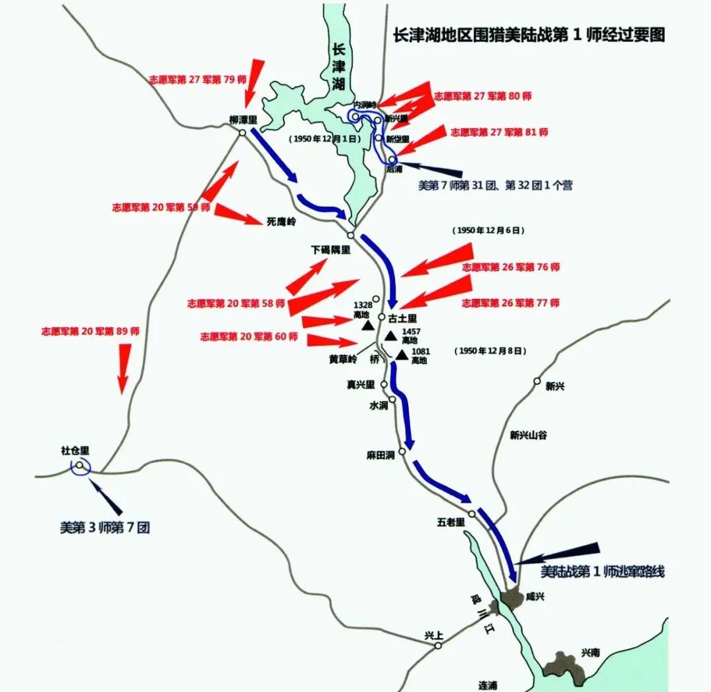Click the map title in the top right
tap(529, 35)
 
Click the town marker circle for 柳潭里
tap(242, 132)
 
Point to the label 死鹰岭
tap(282, 222)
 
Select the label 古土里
tap(402, 317)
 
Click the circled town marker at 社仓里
tap(80, 466)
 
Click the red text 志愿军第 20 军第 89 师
tap(90, 331)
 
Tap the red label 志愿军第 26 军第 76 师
tap(511, 267)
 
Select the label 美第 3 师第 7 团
tap(105, 527)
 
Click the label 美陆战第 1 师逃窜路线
tap(602, 572)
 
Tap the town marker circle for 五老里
tap(472, 514)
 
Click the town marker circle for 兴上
tap(438, 646)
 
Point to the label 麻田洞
tap(381, 455)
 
